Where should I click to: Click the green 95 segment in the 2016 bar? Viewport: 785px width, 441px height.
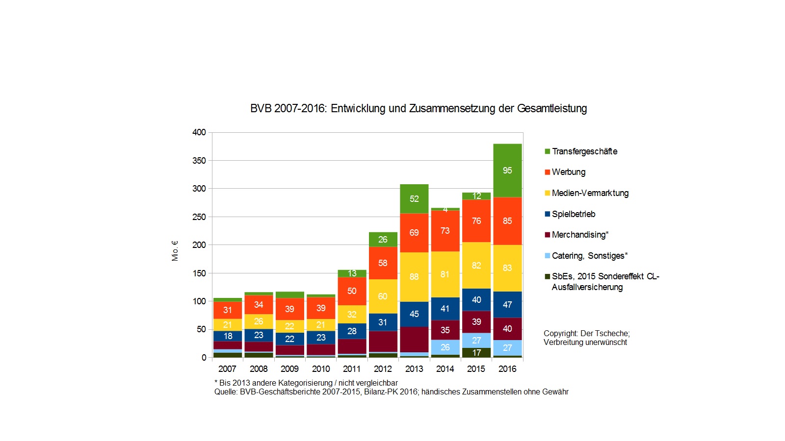pyautogui.click(x=507, y=171)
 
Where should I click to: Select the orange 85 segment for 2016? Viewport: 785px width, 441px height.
pyautogui.click(x=507, y=221)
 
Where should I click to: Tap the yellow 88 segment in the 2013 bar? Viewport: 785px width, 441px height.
pyautogui.click(x=414, y=277)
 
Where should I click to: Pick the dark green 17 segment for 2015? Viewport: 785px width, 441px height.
pyautogui.click(x=476, y=353)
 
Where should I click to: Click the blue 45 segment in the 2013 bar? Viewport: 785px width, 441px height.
pyautogui.click(x=414, y=314)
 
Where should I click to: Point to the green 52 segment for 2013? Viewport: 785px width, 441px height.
pyautogui.click(x=414, y=199)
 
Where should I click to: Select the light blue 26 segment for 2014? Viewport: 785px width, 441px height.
pyautogui.click(x=445, y=347)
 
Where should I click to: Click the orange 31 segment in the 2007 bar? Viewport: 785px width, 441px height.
pyautogui.click(x=228, y=310)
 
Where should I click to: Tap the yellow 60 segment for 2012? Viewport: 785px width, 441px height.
pyautogui.click(x=383, y=296)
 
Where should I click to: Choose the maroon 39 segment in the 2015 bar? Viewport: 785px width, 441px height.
pyautogui.click(x=476, y=322)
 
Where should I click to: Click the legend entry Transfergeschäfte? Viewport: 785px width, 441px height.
pyautogui.click(x=584, y=151)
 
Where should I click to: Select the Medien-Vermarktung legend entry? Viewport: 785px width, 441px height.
pyautogui.click(x=590, y=193)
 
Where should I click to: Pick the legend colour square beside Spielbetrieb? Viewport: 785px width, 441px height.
pyautogui.click(x=547, y=214)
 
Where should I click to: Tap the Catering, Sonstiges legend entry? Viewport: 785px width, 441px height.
pyautogui.click(x=589, y=256)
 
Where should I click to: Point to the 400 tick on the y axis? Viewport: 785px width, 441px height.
pyautogui.click(x=199, y=132)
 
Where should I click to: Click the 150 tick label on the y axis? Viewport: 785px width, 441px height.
pyautogui.click(x=199, y=273)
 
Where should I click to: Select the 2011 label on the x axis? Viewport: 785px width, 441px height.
pyautogui.click(x=352, y=369)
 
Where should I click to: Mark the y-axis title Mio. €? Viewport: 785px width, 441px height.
pyautogui.click(x=175, y=250)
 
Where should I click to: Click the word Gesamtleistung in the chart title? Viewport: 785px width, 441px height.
pyautogui.click(x=552, y=108)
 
